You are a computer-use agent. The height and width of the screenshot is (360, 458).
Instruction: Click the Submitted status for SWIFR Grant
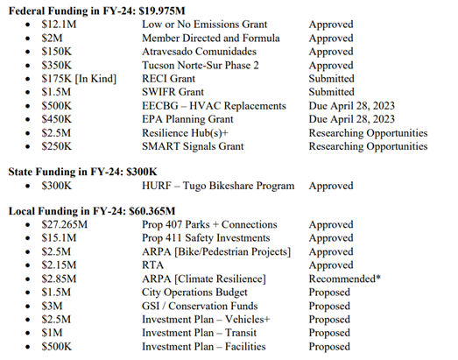point(332,92)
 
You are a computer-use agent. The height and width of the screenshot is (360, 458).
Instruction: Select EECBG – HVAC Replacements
point(214,106)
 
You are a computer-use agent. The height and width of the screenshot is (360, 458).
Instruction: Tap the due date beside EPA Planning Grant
point(350,119)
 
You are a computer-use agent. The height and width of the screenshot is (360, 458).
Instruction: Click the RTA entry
point(153,265)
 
